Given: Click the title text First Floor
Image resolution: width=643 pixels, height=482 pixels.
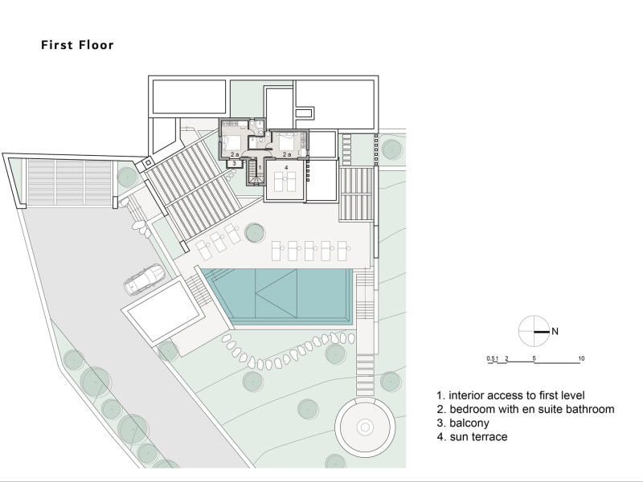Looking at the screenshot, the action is coord(77,45).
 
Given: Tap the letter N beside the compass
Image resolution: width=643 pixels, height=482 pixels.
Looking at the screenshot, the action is coord(555,331).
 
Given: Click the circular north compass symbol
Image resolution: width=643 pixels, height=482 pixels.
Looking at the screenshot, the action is coord(534,331).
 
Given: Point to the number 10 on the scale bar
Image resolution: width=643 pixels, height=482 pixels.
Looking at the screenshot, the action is coord(581,358).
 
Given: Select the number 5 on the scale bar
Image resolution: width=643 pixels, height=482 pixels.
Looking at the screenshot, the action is coord(534,358).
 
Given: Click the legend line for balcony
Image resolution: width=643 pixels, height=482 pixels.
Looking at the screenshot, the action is coord(463,423).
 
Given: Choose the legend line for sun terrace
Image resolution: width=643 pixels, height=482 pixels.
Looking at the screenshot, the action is coord(472,436).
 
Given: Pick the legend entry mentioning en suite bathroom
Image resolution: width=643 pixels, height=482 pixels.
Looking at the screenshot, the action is coord(526,409).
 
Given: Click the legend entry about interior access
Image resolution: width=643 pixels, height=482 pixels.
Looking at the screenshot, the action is coord(510,395).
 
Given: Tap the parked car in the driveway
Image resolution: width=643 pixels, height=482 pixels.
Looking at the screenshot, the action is coord(144,280).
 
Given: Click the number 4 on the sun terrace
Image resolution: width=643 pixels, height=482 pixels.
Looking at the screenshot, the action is coord(286,167).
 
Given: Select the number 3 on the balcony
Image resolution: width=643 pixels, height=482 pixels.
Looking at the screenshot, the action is coord(234,163).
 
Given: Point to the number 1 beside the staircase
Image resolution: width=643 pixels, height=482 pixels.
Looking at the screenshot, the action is coord(259,168).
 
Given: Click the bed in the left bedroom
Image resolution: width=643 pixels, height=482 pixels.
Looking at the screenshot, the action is coord(231,142).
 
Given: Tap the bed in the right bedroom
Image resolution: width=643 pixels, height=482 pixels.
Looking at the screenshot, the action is coord(287,142).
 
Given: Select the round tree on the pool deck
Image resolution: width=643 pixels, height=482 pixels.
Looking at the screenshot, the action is coord(254,233).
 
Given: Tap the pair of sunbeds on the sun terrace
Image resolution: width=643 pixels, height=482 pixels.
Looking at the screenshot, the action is coord(285,182).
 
